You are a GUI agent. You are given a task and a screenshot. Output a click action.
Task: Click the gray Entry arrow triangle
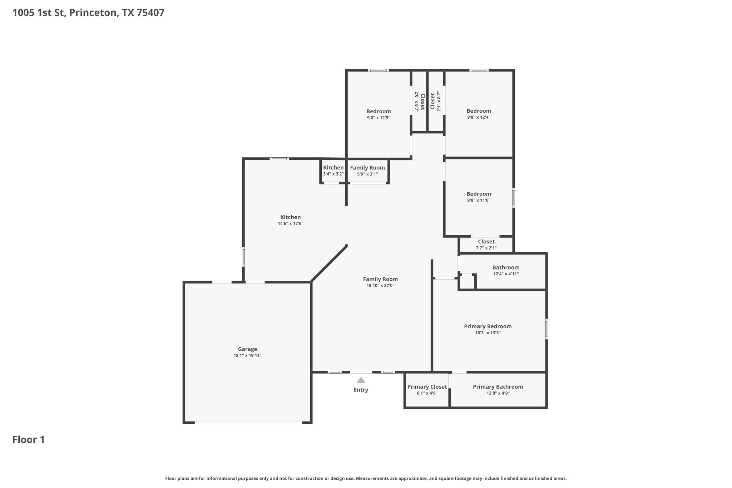[x=361, y=380]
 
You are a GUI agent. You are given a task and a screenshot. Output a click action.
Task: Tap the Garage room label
[x=247, y=349]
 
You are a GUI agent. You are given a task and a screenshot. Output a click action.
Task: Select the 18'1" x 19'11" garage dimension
[x=247, y=356]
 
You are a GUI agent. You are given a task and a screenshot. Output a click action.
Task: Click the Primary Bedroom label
[x=488, y=326]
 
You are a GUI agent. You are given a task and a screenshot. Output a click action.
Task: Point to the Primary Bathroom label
[x=498, y=387]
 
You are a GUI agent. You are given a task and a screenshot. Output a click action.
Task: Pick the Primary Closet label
[x=427, y=387]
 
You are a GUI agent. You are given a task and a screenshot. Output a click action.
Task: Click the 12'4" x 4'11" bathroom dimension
[x=506, y=274]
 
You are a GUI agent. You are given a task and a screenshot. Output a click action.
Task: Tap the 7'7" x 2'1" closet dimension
[x=486, y=248]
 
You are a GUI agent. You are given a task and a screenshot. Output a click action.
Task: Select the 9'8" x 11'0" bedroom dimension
[x=479, y=201]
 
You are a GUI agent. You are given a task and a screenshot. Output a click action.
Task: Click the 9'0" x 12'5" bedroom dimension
[x=379, y=118]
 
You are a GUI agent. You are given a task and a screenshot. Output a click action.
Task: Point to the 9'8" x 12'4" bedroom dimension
[x=479, y=117]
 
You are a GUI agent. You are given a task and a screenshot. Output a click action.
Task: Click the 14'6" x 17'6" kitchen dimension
[x=291, y=224]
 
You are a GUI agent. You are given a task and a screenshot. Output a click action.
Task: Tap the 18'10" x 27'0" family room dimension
[x=380, y=286]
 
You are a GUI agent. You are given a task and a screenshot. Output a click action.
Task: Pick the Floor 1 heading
[x=29, y=440]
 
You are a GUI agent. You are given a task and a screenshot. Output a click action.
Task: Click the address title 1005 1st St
[x=39, y=13]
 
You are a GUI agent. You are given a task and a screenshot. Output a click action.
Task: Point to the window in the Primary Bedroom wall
[x=547, y=329]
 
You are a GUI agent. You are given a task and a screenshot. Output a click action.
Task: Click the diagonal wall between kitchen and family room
[x=329, y=263]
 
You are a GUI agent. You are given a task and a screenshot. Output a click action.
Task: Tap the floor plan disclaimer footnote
[x=366, y=478]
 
